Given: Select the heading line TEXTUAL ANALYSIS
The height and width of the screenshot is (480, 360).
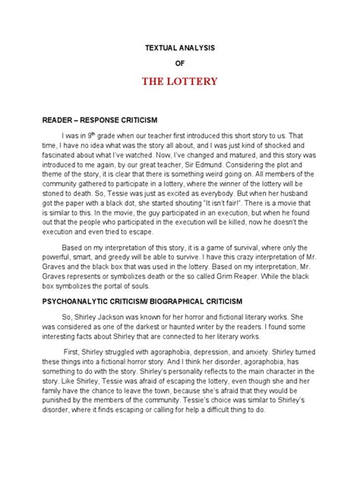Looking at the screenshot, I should click(180, 47).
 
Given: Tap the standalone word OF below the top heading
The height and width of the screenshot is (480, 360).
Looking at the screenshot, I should click(180, 64).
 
